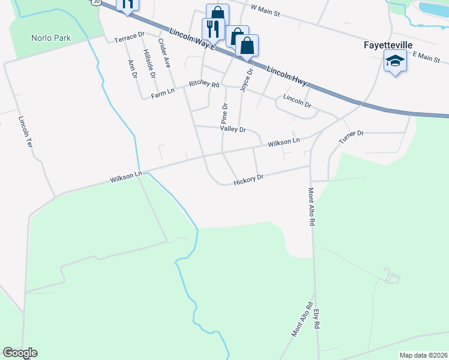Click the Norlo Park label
(x=51, y=38)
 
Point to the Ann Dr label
(x=133, y=69)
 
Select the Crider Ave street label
(x=164, y=53)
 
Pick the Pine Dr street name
(x=225, y=113)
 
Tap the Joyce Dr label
(x=246, y=79)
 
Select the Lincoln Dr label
(x=297, y=100)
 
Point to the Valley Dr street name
(x=234, y=129)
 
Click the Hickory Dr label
(x=249, y=179)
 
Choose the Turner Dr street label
(x=351, y=137)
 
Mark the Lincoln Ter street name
(x=25, y=133)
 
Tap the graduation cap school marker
(x=395, y=61)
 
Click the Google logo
(x=20, y=353)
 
